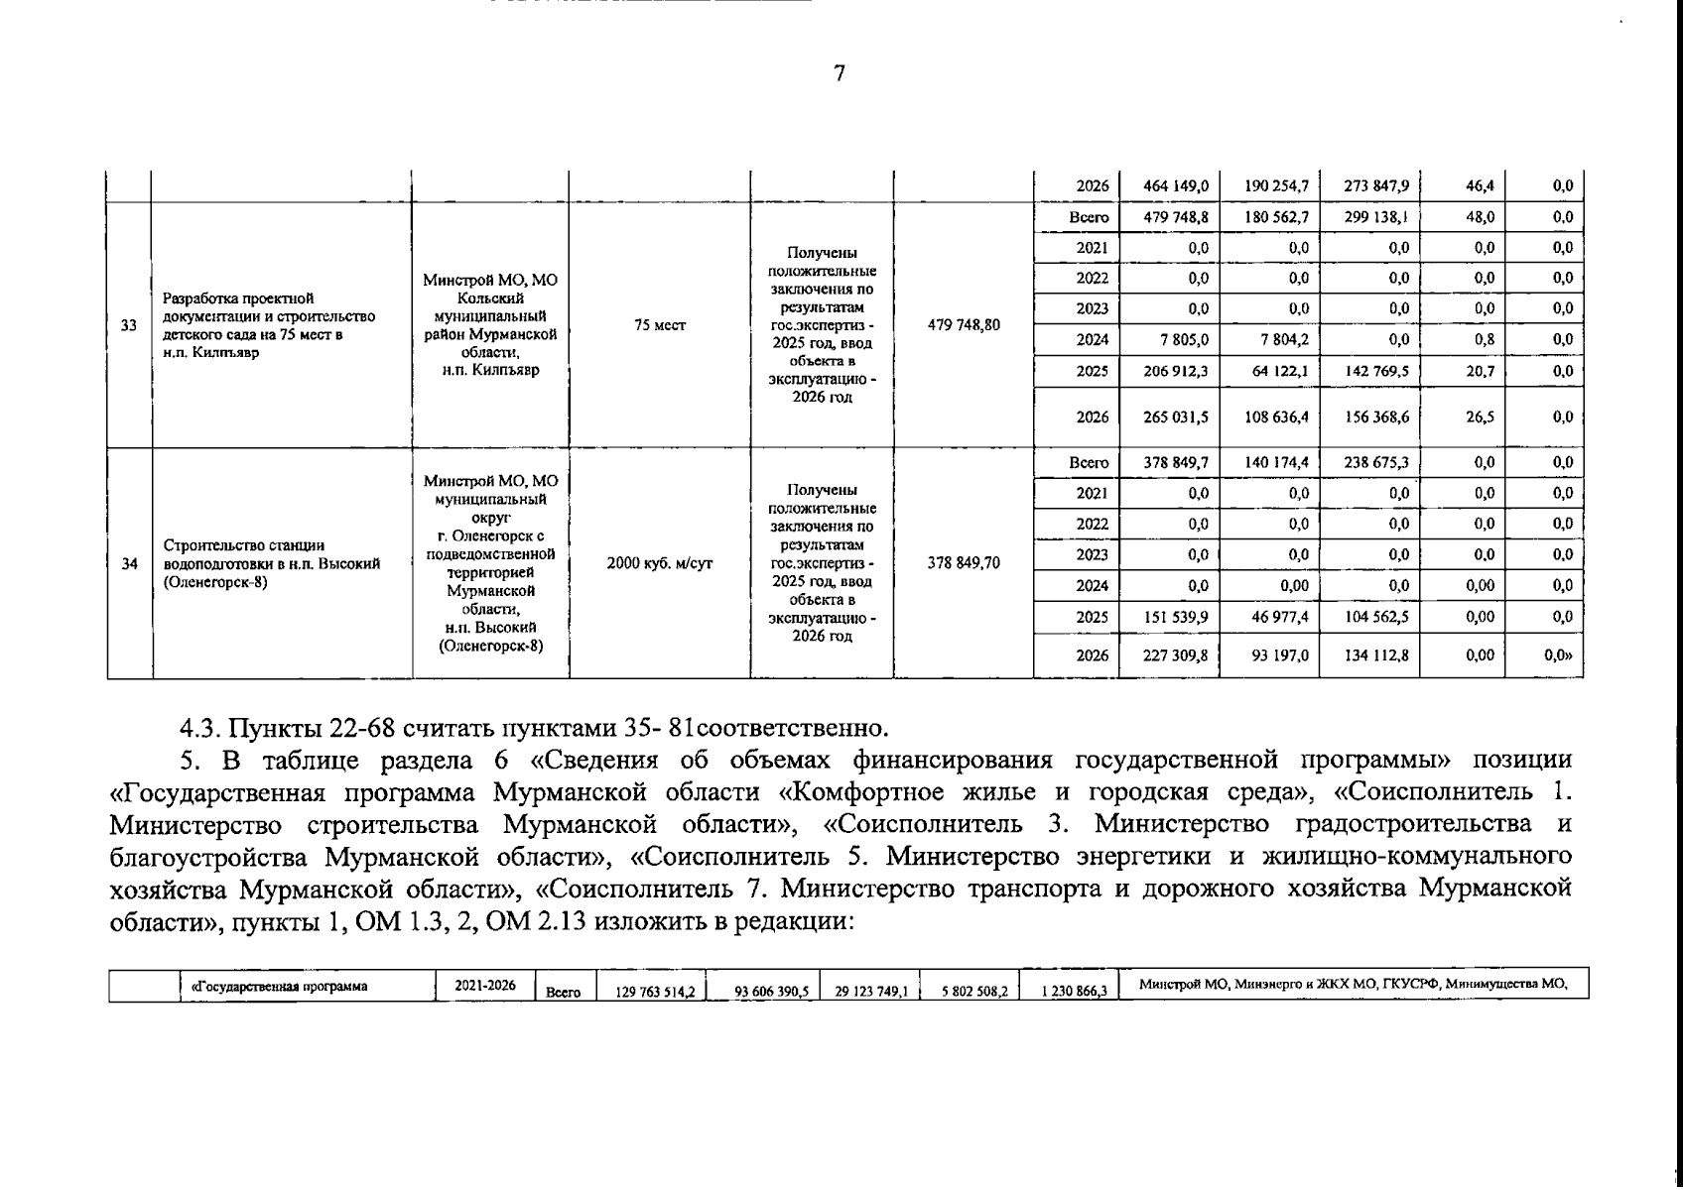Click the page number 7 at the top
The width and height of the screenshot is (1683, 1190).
coord(840,73)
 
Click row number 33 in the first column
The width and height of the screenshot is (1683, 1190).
coord(129,325)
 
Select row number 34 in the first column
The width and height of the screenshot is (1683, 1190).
coord(129,564)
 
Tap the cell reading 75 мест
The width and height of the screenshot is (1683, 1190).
coord(660,325)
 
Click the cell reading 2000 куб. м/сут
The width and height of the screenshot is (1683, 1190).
coord(660,564)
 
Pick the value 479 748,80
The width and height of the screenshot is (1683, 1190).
coord(964,325)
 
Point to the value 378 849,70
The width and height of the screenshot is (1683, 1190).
coord(964,564)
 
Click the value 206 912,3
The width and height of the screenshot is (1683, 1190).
coord(1176,372)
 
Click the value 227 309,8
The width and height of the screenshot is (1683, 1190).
coord(1176,655)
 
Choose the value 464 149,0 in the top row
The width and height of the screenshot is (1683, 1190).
coord(1176,185)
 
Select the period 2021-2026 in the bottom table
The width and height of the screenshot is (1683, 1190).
coord(485,987)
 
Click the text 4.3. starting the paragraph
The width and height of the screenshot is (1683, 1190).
coord(201,729)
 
